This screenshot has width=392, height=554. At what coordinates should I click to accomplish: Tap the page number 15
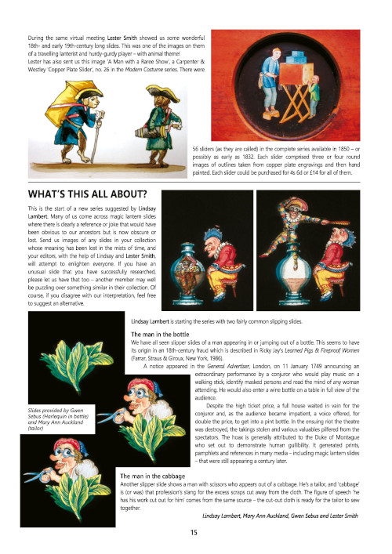(193, 532)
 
